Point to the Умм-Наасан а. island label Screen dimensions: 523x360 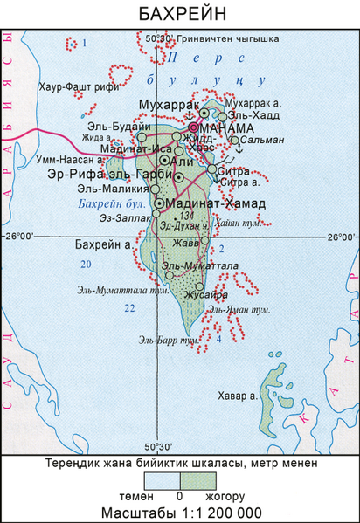click(x=70, y=162)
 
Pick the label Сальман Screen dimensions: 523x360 click(x=260, y=140)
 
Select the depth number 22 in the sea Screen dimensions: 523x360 click(x=129, y=308)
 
